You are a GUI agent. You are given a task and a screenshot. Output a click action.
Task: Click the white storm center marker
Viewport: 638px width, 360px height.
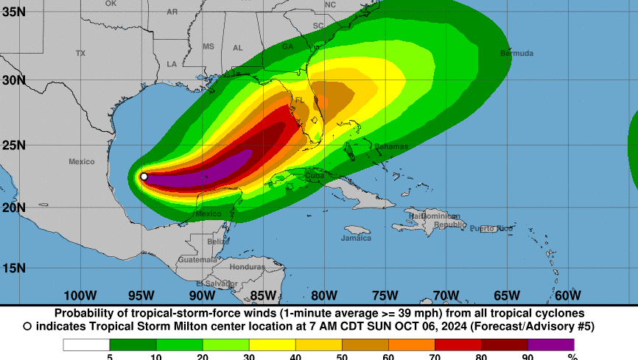point(144,177)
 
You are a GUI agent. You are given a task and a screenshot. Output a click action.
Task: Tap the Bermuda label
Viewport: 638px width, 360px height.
point(516,53)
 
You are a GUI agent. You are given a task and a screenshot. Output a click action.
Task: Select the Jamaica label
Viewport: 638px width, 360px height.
point(356,238)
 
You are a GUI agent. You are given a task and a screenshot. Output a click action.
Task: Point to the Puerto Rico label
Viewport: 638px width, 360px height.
point(491,228)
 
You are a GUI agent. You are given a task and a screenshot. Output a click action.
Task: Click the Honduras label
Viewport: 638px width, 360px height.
point(246,267)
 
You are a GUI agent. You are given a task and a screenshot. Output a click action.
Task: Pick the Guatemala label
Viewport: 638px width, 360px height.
point(197,260)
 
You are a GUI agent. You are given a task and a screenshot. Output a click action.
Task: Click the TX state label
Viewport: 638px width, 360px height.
point(80,53)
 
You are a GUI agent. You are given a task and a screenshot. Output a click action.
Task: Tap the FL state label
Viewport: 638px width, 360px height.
point(299,100)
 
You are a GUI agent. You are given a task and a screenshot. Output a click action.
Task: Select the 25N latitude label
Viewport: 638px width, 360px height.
point(13,145)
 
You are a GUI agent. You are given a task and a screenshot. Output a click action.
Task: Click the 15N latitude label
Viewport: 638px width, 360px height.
point(13,268)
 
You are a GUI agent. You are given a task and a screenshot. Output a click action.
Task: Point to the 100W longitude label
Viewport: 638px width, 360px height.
point(80,296)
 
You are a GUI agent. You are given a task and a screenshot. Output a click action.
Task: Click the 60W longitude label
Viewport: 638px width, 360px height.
point(567,296)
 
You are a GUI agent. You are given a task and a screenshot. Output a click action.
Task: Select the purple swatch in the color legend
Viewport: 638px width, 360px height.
point(551,345)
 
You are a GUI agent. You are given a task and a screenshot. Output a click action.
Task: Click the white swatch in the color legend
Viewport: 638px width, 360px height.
point(86,345)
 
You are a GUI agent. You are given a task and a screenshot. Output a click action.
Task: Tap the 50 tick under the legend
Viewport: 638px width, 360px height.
point(341,357)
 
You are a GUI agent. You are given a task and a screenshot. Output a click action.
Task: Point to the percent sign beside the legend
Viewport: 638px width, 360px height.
point(572,357)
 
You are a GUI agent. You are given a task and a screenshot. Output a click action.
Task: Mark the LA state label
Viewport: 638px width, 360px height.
point(172,64)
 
